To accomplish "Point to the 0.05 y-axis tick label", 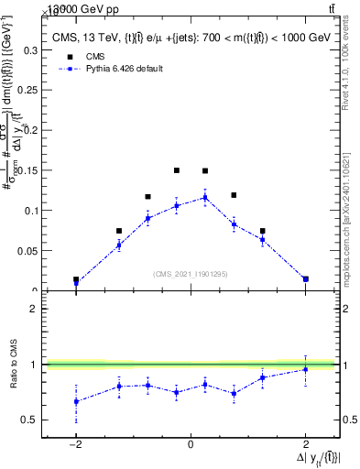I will tap(27, 250).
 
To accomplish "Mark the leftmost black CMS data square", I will tap(76, 280).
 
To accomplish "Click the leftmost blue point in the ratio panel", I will tap(76, 401).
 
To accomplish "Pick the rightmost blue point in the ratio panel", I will tap(305, 369).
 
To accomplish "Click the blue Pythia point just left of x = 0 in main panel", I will tap(177, 205).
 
